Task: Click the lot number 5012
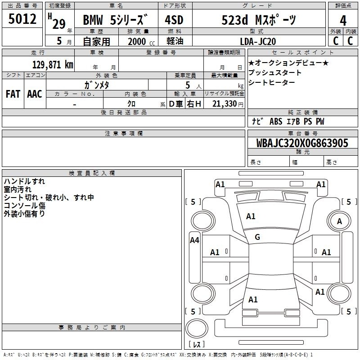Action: [22, 18]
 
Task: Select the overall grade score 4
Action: [343, 21]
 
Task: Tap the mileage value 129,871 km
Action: [53, 64]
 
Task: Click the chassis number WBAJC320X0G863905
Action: [302, 143]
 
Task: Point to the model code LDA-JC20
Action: [258, 41]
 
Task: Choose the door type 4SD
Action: [174, 20]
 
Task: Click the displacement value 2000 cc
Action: [141, 41]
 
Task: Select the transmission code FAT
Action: [13, 94]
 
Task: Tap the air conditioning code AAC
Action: [35, 94]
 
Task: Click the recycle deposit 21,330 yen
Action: [228, 104]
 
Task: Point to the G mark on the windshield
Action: [257, 237]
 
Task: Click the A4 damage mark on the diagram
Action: [194, 240]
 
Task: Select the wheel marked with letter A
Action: [339, 221]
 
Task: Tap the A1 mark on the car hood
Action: [251, 216]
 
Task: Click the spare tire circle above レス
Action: [197, 328]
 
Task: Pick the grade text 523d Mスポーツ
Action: [259, 20]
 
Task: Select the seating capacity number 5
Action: [188, 85]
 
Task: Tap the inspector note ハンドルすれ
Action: [24, 181]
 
